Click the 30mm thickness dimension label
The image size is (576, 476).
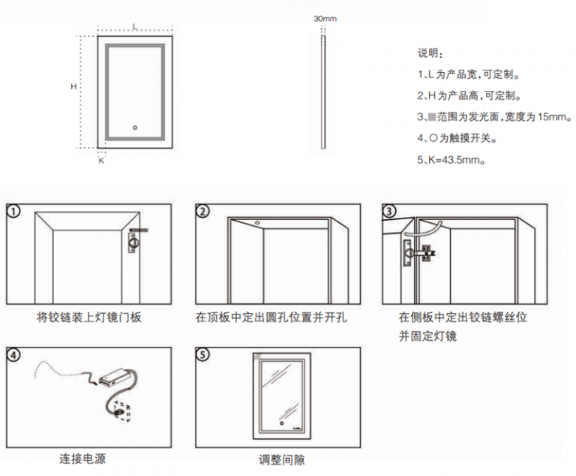coord(325,17)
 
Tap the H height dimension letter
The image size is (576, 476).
coord(74,86)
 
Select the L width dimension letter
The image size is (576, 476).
coord(134,26)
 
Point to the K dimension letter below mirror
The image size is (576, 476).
coord(101,160)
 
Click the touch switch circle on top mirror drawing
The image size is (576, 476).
coord(135,128)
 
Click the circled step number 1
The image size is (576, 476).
coord(14,211)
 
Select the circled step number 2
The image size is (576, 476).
coord(202,211)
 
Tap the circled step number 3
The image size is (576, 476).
coord(389,211)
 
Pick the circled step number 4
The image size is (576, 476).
coord(14,354)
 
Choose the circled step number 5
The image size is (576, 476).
coord(202,354)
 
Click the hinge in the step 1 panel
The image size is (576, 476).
coord(135,242)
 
